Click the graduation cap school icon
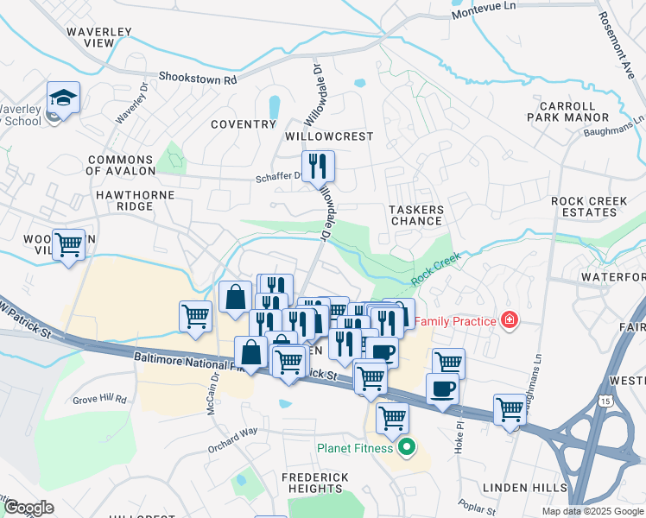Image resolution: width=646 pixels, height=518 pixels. tap(64, 97)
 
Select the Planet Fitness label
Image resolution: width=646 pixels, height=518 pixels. tap(355, 447)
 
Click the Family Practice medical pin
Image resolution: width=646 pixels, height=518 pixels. tap(510, 321)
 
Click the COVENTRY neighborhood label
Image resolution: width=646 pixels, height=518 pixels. tap(244, 124)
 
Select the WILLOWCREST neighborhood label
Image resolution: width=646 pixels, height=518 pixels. tap(329, 136)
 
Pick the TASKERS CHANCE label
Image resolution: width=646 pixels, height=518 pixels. tap(416, 215)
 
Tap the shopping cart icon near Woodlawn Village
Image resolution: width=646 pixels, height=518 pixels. tap(68, 245)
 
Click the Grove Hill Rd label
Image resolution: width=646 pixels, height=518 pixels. tap(100, 400)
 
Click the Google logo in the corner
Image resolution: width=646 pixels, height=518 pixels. tap(28, 508)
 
